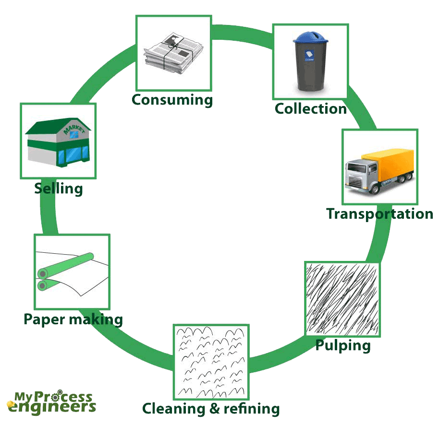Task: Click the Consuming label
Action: (172, 100)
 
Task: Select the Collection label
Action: (310, 109)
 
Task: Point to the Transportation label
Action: (379, 214)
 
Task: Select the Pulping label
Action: (342, 345)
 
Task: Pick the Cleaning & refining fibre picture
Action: (211, 362)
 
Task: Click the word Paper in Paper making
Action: (44, 319)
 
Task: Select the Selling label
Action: (58, 188)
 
